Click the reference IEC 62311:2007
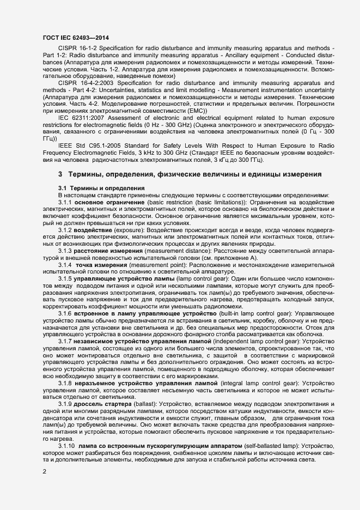[80, 117]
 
